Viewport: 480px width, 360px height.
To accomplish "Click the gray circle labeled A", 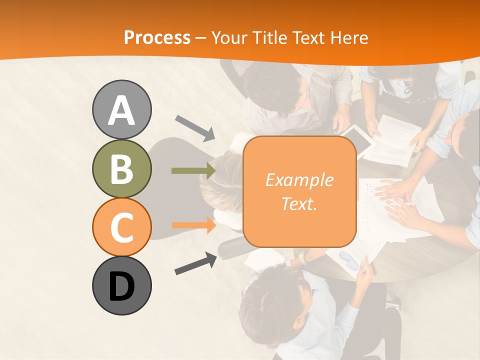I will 121,109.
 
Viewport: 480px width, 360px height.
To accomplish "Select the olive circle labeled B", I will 121,168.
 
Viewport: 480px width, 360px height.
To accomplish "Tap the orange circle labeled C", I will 121,227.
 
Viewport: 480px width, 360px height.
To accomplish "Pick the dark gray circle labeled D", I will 121,285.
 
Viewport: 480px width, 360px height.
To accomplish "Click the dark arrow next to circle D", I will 195,263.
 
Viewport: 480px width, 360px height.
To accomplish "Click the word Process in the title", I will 157,37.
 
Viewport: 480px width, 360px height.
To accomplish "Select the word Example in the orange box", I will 299,180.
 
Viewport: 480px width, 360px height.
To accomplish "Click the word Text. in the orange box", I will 299,203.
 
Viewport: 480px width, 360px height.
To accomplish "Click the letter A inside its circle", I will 121,110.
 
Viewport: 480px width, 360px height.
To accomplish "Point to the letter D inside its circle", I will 121,286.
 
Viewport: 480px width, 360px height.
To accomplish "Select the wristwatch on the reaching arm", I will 303,257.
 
